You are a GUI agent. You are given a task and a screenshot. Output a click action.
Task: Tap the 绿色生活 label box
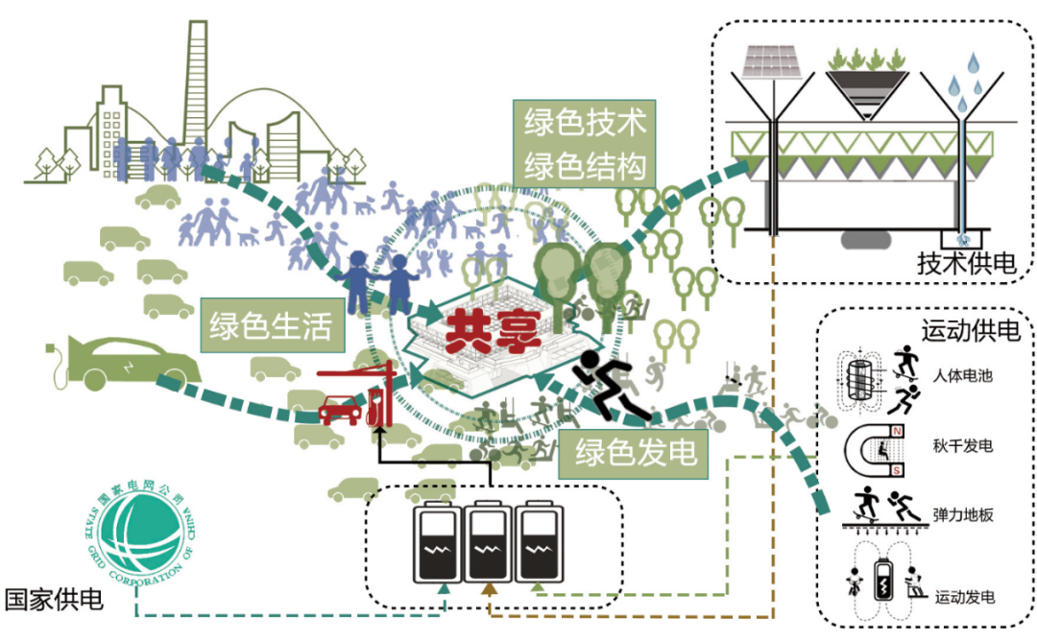click(272, 327)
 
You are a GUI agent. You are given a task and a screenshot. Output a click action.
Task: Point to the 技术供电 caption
click(966, 263)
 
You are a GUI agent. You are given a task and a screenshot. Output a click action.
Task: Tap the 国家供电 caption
click(53, 601)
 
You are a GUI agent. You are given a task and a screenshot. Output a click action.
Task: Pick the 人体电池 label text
click(961, 375)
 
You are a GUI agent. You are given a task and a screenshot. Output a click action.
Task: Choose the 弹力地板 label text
click(961, 515)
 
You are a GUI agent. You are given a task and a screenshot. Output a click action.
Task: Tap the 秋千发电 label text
click(961, 446)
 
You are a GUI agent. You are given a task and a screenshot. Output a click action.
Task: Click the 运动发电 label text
click(964, 597)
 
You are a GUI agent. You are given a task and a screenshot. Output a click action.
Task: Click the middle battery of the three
click(489, 543)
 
